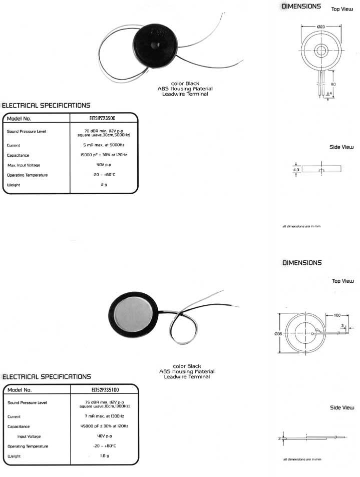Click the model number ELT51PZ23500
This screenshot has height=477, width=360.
104,119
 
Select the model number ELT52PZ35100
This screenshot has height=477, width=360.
104,389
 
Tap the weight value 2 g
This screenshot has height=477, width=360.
104,185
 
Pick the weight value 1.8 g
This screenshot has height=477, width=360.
104,456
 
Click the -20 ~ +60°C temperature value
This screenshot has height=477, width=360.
104,175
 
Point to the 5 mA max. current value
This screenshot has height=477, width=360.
104,145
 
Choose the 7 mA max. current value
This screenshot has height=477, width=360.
104,416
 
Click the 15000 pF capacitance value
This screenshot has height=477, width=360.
104,155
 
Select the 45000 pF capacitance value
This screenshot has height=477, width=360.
104,426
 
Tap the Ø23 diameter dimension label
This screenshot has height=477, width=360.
321,26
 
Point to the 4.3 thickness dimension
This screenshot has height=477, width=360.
296,170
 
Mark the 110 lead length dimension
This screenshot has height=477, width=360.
333,85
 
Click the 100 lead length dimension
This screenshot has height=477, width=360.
336,315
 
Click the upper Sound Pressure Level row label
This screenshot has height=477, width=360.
27,132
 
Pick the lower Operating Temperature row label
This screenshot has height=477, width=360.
28,446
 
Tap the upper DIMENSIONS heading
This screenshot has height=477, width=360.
302,7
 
